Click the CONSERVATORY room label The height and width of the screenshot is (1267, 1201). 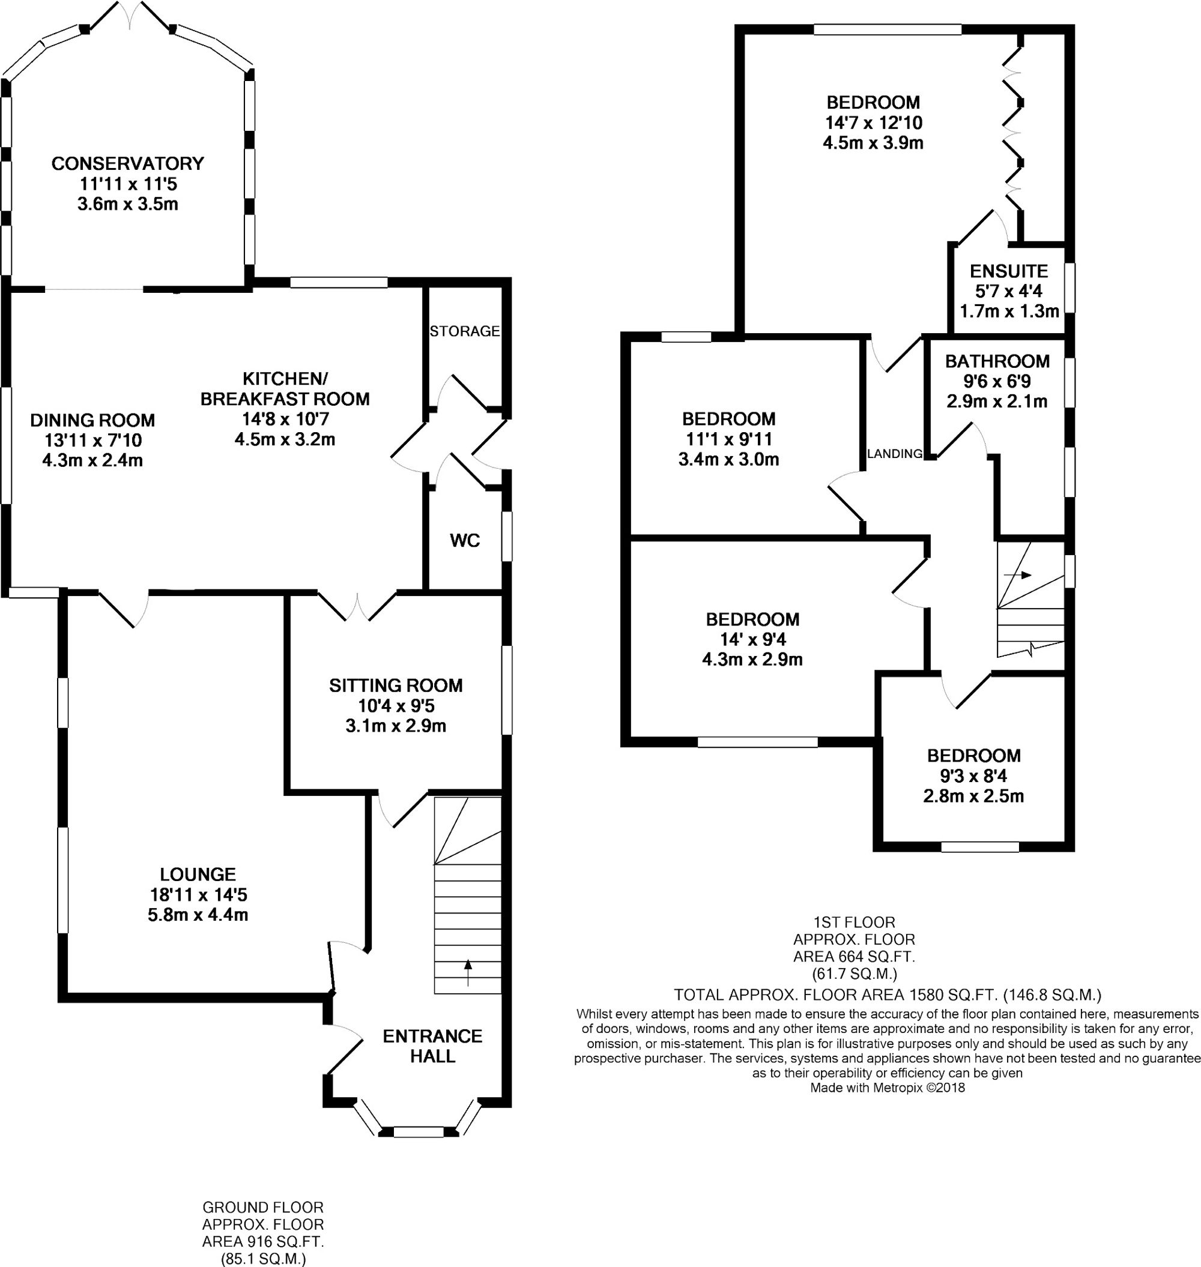pyautogui.click(x=127, y=164)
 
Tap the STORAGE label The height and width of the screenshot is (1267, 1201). pyautogui.click(x=465, y=331)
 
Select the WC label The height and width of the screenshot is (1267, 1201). pyautogui.click(x=465, y=541)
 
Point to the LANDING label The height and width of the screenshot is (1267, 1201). pyautogui.click(x=894, y=454)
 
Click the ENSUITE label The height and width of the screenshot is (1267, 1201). pyautogui.click(x=1009, y=271)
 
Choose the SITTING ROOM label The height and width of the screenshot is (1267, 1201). pyautogui.click(x=396, y=686)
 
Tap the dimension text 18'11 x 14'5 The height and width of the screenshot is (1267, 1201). pyautogui.click(x=198, y=894)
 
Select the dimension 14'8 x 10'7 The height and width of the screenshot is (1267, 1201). pyautogui.click(x=285, y=420)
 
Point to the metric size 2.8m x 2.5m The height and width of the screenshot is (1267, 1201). pyautogui.click(x=973, y=796)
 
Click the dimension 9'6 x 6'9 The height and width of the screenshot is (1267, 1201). pyautogui.click(x=997, y=382)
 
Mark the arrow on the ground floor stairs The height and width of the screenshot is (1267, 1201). pyautogui.click(x=468, y=973)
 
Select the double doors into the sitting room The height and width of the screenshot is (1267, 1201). pyautogui.click(x=357, y=607)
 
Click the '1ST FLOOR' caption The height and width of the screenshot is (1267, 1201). pyautogui.click(x=854, y=922)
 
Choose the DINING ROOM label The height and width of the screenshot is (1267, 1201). pyautogui.click(x=93, y=420)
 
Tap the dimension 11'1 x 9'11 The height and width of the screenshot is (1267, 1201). pyautogui.click(x=728, y=439)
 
